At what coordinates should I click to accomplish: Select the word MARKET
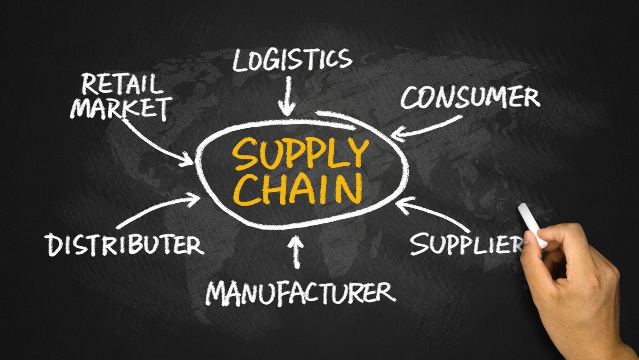click(121, 108)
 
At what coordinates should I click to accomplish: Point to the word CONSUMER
click(470, 97)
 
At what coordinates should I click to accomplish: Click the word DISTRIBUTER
click(125, 244)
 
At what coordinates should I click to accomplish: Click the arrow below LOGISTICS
click(288, 95)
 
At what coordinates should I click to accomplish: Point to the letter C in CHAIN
click(245, 190)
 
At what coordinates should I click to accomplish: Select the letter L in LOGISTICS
click(240, 60)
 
